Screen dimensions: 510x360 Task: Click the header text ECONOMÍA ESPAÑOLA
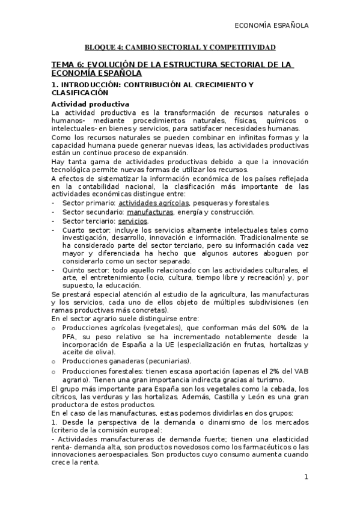(271, 26)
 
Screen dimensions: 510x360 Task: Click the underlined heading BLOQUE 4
(180, 47)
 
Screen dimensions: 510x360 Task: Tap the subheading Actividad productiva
(90, 104)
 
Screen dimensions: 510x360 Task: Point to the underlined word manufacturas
(150, 212)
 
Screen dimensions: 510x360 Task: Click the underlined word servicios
(133, 221)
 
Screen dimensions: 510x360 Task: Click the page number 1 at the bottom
(306, 478)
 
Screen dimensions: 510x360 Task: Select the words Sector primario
(88, 203)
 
